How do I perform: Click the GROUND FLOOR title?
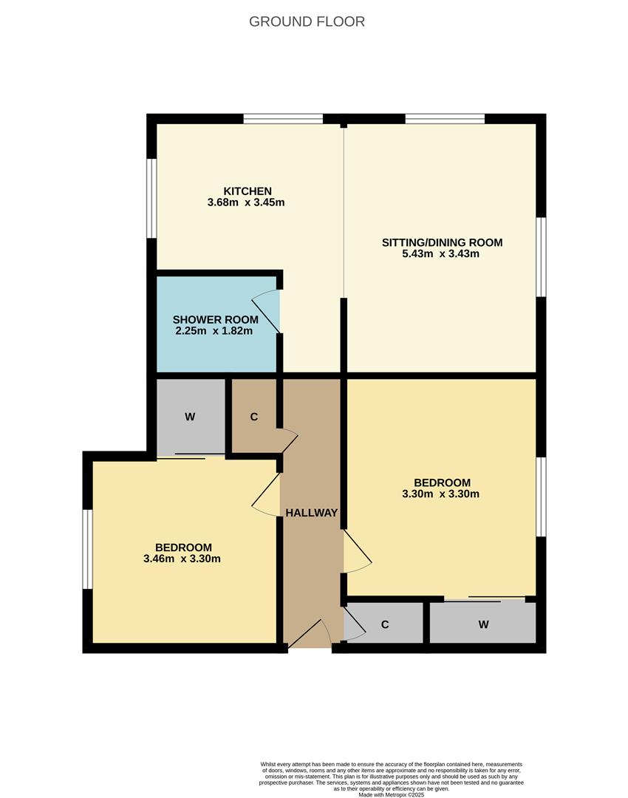coord(307,21)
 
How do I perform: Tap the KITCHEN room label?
coord(248,191)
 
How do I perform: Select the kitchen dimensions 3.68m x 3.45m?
coord(246,202)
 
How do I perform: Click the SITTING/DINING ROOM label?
coord(442,242)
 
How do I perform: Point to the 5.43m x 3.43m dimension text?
coord(442,254)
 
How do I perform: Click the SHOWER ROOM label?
coord(215,319)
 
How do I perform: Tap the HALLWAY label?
coord(311,513)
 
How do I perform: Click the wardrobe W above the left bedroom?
coord(190,417)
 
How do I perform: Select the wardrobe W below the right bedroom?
coord(483,624)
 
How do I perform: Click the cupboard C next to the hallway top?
coord(254,417)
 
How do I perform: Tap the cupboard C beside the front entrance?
coord(385,624)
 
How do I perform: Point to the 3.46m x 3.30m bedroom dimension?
coord(182,559)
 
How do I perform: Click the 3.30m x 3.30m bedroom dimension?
coord(441,494)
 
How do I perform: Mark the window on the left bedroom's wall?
coord(87,549)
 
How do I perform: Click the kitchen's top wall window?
coord(283,118)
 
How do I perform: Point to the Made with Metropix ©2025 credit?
coord(392,795)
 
